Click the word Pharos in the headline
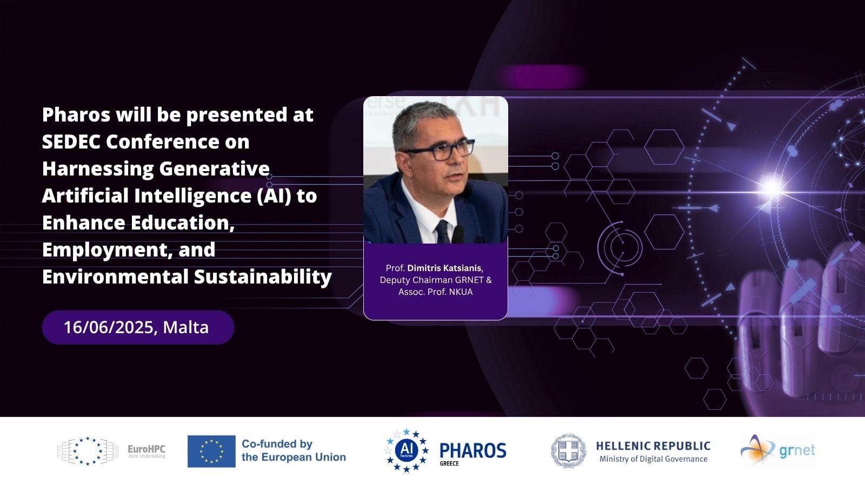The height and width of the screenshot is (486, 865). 76,114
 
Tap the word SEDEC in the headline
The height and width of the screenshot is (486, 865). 71,141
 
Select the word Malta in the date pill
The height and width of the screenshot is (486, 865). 186,327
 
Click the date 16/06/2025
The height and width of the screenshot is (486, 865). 109,327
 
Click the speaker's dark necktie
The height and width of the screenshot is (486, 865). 442,232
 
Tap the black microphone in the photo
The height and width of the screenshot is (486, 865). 458,234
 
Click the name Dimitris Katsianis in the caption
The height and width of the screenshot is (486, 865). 444,268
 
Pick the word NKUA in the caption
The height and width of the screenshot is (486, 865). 461,292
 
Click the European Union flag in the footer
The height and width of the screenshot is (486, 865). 211,451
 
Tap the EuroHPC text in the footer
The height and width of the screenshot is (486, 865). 147,449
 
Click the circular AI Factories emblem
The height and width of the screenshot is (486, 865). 407,450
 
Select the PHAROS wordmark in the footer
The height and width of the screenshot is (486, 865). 473,450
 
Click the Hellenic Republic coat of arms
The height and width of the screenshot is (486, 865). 568,451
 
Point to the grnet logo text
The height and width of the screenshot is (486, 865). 797,450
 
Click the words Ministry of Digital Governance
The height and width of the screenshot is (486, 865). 654,459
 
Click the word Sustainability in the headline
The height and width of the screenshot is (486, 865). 263,277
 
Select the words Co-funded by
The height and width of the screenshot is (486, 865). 277,444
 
